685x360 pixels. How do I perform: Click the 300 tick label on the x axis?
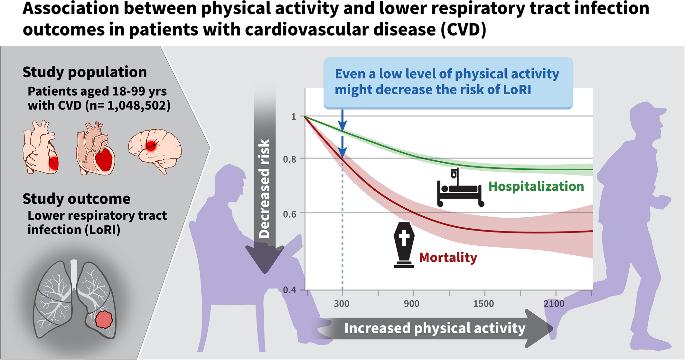coord(342,304)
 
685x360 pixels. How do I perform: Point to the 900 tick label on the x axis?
coord(412,304)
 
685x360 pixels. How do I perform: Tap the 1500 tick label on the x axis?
coord(483,304)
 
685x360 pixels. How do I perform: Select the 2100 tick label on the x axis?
coord(554,304)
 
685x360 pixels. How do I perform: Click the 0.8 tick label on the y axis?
coord(289,159)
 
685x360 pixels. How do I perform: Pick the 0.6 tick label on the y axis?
coord(289,214)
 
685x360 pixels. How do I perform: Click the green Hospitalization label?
coord(536,187)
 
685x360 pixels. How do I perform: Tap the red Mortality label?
coord(448,258)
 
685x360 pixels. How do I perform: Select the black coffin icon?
coord(404,245)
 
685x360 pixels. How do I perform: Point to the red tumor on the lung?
coord(104,319)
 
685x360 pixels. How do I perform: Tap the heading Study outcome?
coord(77,199)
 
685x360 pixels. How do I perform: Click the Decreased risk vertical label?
coord(264,188)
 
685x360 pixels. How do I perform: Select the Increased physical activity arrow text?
coord(435,328)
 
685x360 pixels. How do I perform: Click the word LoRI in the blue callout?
coord(517,90)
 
